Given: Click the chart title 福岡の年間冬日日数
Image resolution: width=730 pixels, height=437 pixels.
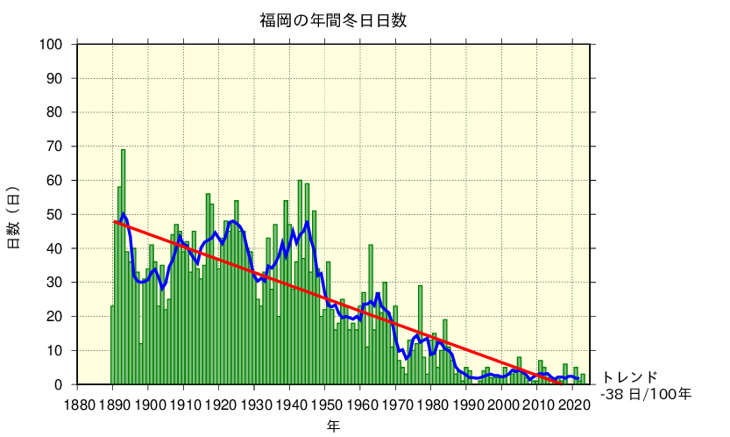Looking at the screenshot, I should click(x=333, y=19).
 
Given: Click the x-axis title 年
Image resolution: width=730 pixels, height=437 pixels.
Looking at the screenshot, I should click(x=333, y=426).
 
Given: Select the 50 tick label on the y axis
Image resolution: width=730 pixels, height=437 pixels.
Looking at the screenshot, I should click(x=54, y=214).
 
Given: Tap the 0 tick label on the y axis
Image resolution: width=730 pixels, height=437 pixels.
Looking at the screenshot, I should click(x=59, y=384).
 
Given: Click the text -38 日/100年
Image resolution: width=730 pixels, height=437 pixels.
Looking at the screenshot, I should click(x=646, y=394).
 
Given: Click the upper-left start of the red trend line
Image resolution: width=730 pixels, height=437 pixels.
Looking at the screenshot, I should click(x=114, y=221).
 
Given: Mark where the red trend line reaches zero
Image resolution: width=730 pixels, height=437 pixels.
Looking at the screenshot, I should click(x=562, y=383).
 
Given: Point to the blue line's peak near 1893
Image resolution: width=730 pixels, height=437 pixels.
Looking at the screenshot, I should click(x=123, y=214).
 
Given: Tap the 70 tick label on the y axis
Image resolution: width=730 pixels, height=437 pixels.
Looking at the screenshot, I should click(x=54, y=146).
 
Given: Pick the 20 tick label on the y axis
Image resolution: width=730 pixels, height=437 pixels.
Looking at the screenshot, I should click(x=54, y=316).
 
